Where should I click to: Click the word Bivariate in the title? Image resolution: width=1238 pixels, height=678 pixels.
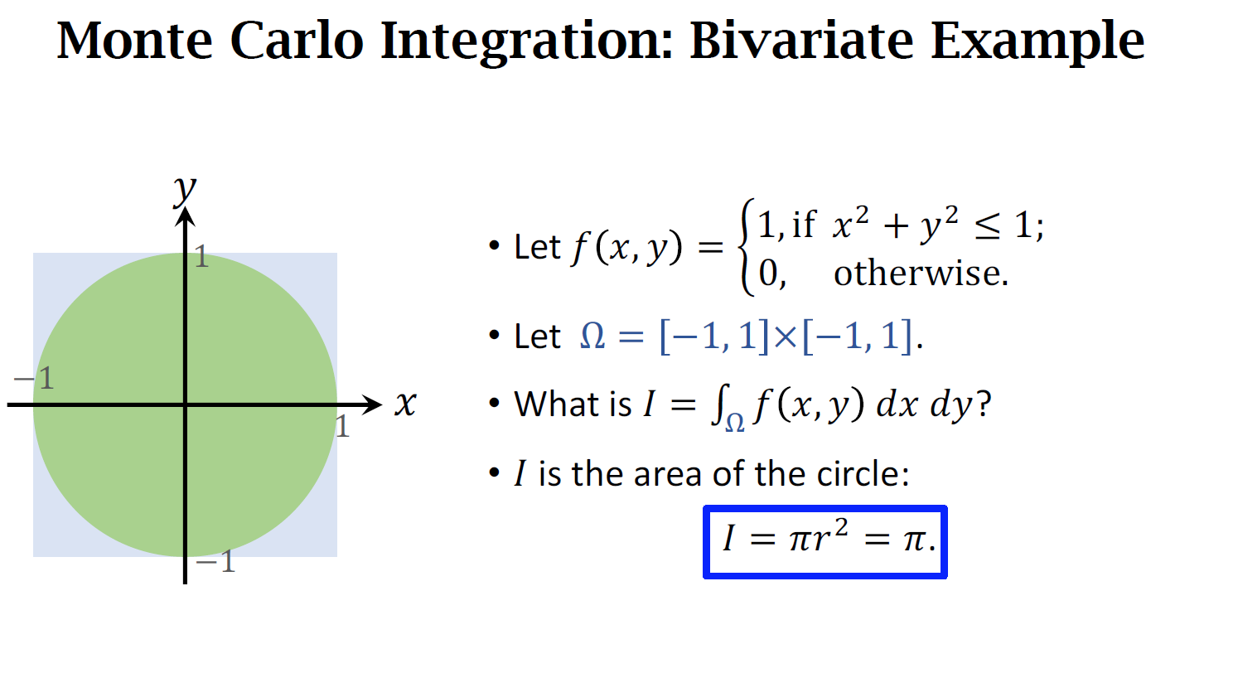point(801,41)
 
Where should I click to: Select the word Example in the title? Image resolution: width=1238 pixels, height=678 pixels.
point(1037,43)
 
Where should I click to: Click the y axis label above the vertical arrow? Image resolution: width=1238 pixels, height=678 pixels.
point(185,190)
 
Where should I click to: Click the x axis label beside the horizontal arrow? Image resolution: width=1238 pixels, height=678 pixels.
point(406,404)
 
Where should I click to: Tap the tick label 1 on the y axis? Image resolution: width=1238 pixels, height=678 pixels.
point(201,257)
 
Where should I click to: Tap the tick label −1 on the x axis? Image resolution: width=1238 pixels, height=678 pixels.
point(34,378)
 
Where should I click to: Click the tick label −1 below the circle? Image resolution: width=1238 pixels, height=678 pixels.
point(215,563)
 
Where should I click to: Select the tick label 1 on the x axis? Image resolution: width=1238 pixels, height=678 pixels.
point(343,426)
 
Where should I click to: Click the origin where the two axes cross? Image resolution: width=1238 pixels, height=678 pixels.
point(185,405)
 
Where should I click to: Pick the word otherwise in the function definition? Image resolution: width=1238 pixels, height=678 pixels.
point(921,274)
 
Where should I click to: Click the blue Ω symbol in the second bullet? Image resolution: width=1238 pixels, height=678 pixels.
point(592,337)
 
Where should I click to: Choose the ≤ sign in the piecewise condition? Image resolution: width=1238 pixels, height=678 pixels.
point(987,226)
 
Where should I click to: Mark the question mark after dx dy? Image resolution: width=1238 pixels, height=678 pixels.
point(984,404)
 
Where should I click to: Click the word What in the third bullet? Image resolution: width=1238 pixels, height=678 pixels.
point(558,404)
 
